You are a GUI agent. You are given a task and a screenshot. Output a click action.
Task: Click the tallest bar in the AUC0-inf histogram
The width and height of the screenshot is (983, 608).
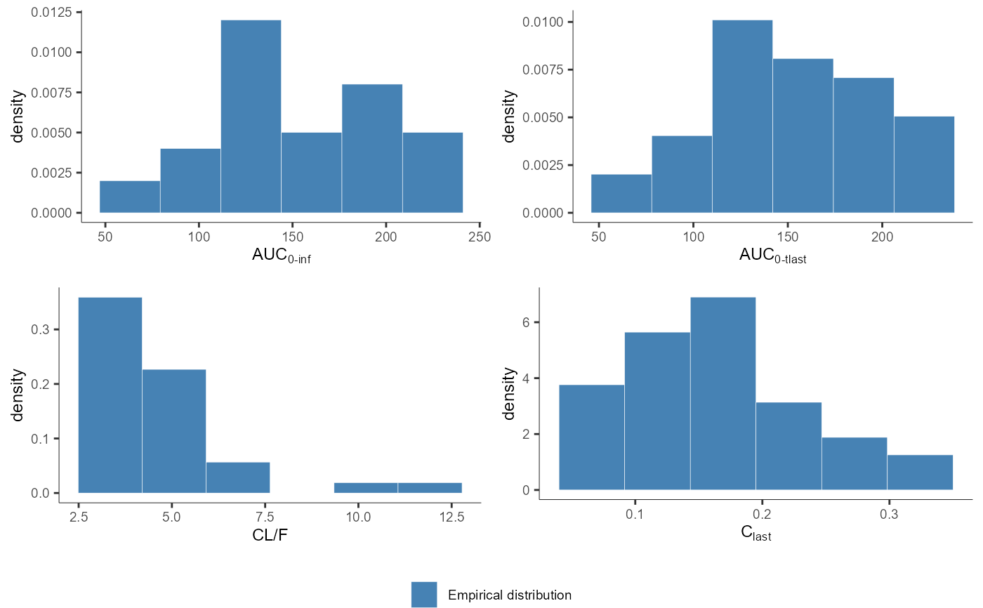251,116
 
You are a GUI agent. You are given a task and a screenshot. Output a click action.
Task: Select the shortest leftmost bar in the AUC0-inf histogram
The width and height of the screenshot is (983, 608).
130,197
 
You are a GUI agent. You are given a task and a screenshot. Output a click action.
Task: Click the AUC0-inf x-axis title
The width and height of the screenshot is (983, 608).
282,256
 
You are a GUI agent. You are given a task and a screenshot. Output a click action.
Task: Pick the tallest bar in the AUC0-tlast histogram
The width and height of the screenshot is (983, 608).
742,116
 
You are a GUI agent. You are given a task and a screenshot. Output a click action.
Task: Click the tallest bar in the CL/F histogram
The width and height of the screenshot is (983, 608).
110,395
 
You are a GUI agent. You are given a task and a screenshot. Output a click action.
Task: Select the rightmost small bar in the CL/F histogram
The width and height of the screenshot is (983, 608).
430,488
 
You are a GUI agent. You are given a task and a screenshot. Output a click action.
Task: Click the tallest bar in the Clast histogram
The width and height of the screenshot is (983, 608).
723,393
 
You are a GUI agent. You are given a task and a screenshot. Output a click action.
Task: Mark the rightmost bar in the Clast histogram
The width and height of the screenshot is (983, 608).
920,472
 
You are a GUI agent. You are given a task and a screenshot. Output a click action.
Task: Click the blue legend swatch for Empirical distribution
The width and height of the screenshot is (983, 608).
424,595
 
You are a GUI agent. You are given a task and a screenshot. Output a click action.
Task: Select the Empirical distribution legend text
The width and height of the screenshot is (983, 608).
509,595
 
